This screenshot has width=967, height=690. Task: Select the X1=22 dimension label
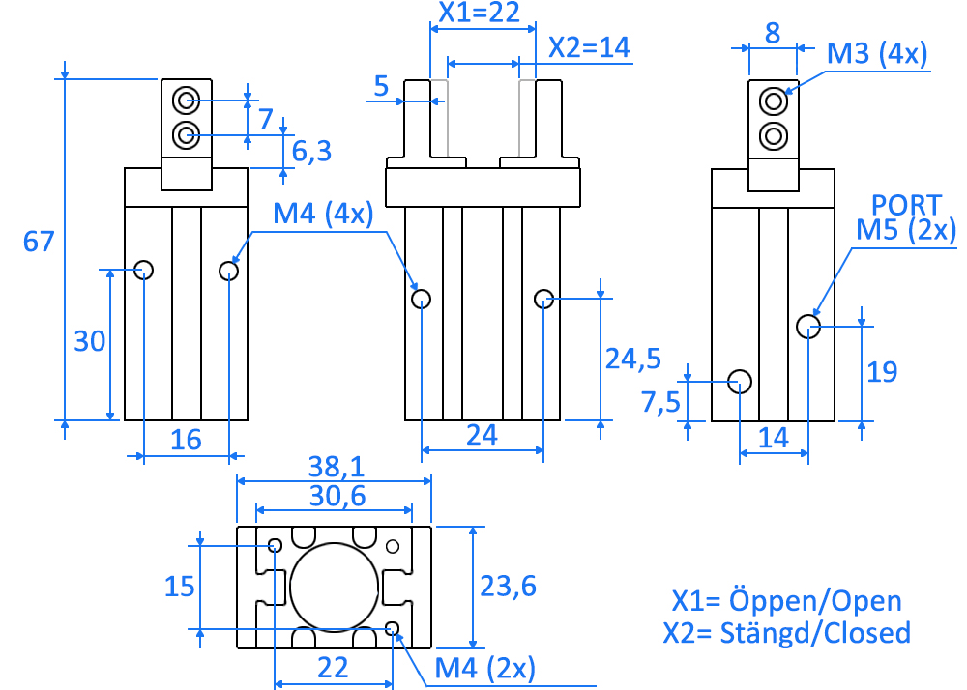point(480,13)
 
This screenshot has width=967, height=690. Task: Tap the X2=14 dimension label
point(589,46)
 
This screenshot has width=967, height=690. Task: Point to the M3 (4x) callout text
point(877,53)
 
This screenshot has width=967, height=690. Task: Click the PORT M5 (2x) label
point(906,217)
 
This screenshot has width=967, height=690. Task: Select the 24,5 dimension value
point(632,359)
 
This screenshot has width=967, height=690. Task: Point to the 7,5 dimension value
point(660,401)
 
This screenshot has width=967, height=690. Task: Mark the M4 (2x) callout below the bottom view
point(484,668)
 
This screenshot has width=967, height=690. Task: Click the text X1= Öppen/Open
point(786,601)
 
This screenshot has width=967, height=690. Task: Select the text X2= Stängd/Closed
point(786,633)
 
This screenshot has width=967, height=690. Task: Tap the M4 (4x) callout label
point(323,215)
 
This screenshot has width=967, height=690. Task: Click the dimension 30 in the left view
point(89,341)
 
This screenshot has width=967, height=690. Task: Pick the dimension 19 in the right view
point(882,371)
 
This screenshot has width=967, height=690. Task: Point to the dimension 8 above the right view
point(773,34)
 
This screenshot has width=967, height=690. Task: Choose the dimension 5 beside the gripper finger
point(381,88)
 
